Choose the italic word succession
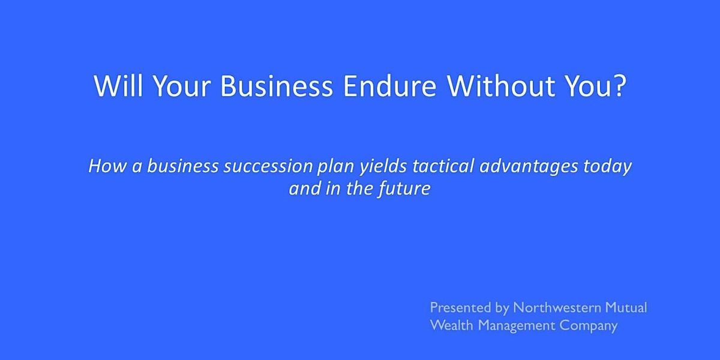click(x=268, y=166)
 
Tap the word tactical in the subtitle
click(x=443, y=166)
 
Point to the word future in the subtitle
click(x=404, y=189)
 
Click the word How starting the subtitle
click(x=107, y=166)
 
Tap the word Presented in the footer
click(x=460, y=308)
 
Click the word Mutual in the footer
click(x=626, y=308)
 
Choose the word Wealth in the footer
click(x=452, y=325)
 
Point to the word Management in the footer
click(x=516, y=326)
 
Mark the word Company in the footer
click(x=589, y=326)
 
